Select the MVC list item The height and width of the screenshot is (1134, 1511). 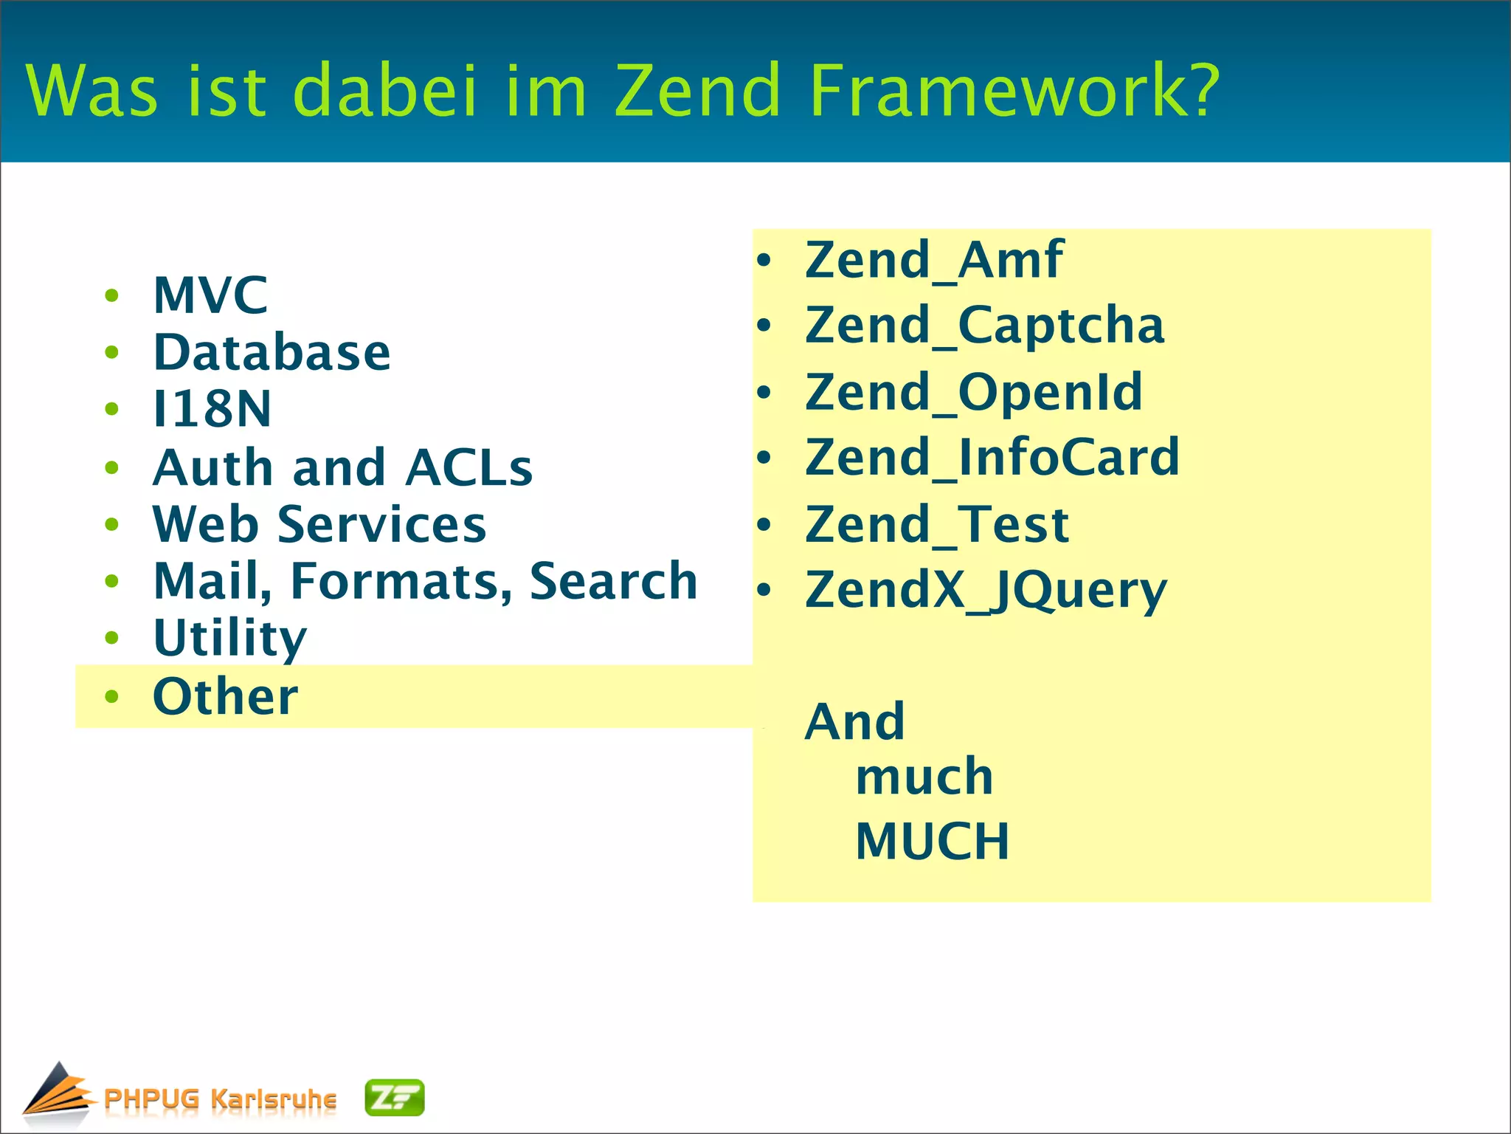click(210, 295)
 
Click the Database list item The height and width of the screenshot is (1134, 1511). click(272, 352)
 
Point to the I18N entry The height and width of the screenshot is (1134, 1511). click(212, 409)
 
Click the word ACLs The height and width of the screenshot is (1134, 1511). click(468, 467)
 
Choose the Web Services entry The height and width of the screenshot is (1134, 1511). click(319, 524)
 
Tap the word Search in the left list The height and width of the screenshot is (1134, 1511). click(613, 581)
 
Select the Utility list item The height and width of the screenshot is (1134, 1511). click(229, 638)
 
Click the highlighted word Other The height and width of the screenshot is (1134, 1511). click(225, 696)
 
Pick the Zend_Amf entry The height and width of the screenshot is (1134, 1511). click(933, 260)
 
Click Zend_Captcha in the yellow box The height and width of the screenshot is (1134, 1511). click(984, 326)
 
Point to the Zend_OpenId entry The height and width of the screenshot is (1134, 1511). click(973, 392)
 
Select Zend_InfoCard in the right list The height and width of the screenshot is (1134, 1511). click(992, 457)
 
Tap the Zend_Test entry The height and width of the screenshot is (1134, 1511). click(936, 524)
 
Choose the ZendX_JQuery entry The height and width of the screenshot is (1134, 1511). click(986, 590)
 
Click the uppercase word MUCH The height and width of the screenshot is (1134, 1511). click(932, 842)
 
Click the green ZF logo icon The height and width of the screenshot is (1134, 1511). click(395, 1098)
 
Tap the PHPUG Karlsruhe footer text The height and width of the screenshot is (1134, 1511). click(220, 1099)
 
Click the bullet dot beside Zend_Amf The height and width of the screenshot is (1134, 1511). click(764, 260)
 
